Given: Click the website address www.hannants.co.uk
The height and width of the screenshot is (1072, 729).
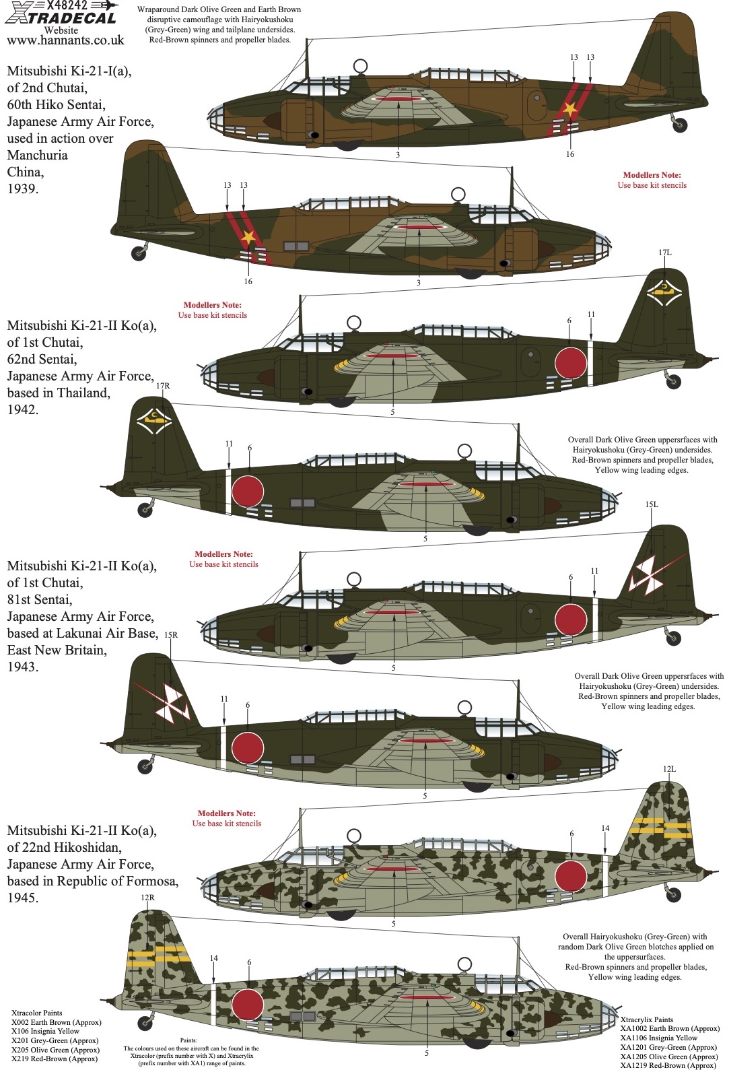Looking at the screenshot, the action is pos(65,40).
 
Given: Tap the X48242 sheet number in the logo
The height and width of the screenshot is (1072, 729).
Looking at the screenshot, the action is pos(67,5).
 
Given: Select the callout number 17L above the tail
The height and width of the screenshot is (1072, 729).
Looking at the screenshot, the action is pos(665,253).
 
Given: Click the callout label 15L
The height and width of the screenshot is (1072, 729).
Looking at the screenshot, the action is pos(652,504).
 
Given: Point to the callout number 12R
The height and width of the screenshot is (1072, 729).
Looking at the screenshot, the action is pos(148,898).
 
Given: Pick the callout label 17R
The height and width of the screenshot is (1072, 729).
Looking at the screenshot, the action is pos(163,385).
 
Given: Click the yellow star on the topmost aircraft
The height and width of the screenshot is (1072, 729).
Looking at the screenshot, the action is pos(569,109).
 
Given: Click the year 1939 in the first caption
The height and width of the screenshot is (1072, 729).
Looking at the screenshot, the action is pos(22,189).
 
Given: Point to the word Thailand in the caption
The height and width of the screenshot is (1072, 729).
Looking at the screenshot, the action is pos(83,393).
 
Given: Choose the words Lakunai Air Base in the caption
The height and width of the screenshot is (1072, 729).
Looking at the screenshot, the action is pos(107,633).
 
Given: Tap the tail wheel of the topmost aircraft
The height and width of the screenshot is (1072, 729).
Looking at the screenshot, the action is pos(679,125).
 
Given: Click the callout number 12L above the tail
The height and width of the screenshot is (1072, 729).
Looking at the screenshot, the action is pos(669,769).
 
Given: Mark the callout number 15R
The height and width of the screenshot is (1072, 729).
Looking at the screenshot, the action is pos(171,635).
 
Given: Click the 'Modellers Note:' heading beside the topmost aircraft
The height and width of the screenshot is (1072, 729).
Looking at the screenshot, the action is pos(652,175).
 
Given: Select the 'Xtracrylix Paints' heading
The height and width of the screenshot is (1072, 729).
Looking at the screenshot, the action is pos(647,1019).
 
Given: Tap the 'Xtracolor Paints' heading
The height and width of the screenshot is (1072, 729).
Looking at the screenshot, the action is pos(37,1013).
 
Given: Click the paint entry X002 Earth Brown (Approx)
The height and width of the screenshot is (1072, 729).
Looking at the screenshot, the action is pos(57,1021).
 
